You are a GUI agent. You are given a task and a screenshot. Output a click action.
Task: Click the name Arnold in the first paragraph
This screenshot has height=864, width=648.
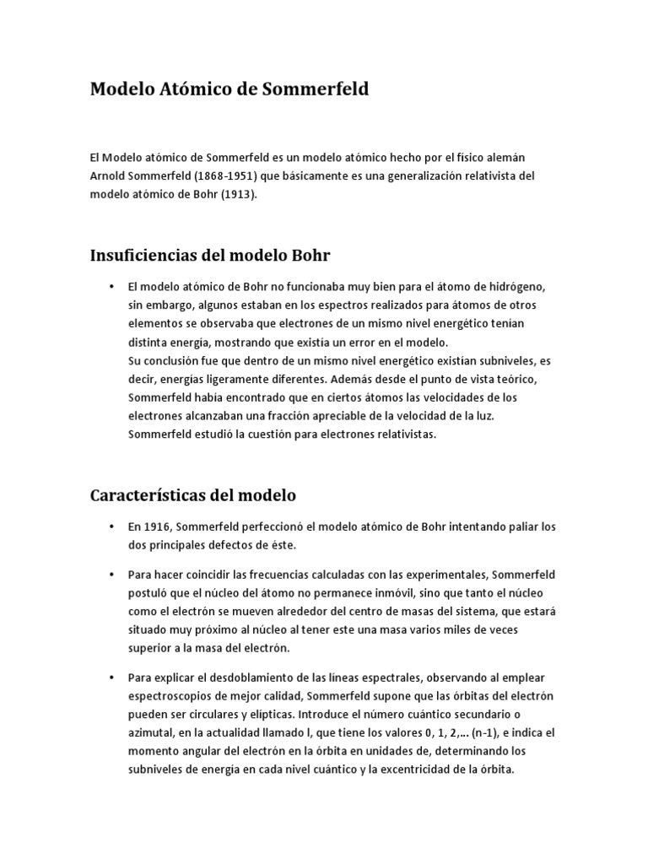[x=110, y=175]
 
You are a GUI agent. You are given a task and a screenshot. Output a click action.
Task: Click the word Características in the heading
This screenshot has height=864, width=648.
[x=162, y=494]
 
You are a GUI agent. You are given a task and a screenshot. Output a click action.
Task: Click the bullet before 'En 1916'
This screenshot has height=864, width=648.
[x=111, y=527]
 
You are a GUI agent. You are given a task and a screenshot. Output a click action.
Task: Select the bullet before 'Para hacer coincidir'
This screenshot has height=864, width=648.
[x=111, y=575]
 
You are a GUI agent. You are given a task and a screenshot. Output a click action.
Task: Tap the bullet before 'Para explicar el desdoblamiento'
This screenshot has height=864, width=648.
[x=111, y=678]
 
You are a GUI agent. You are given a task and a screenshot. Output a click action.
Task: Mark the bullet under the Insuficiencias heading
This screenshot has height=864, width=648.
[x=111, y=288]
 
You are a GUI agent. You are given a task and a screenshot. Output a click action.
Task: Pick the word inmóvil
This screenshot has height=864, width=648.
[x=381, y=592]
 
